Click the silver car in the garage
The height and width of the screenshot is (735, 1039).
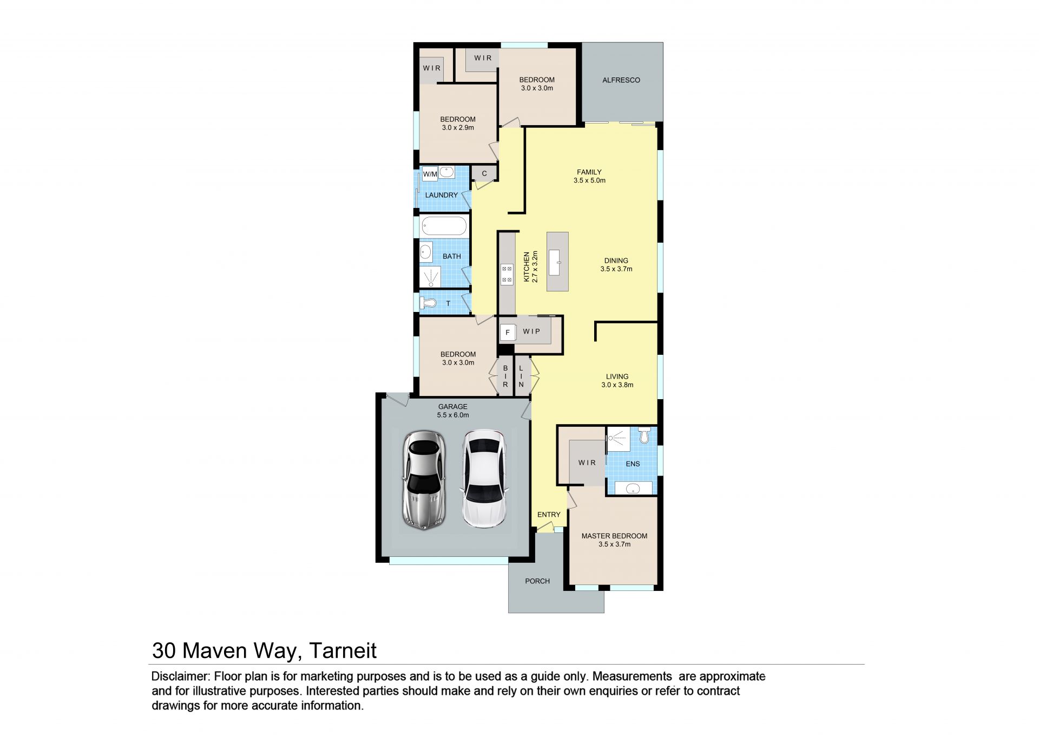point(424,480)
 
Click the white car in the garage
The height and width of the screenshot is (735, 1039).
point(484,479)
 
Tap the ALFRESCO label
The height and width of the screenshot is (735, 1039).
point(621,80)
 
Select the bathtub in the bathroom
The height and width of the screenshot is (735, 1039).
point(444,226)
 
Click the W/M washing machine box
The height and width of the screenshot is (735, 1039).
point(430,174)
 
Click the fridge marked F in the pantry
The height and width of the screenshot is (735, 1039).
point(508,332)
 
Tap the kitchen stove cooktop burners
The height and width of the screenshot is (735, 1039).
point(507,274)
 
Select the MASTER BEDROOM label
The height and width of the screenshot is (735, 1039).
point(614,536)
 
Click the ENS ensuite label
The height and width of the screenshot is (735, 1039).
point(633,464)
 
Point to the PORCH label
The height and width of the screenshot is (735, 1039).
point(537,581)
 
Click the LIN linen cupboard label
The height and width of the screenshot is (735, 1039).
point(521,376)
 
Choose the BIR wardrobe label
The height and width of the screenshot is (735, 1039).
point(505,376)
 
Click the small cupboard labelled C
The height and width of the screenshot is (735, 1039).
point(484,173)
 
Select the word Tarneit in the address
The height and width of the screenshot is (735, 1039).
point(343,651)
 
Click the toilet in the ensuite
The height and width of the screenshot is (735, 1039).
point(644,435)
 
